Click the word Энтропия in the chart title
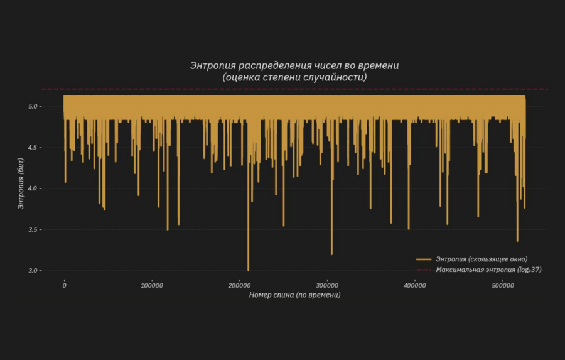click(212, 65)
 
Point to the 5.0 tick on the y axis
click(33, 107)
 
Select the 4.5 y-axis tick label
click(33, 148)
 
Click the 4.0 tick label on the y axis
click(33, 188)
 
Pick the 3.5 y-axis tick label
click(33, 230)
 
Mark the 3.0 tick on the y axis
click(33, 271)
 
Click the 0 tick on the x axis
click(64, 285)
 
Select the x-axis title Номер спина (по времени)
click(294, 295)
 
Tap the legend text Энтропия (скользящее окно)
click(482, 259)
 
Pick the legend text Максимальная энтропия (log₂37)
click(488, 270)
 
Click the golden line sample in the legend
click(424, 259)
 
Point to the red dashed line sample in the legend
click(424, 270)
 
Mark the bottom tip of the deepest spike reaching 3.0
click(248, 270)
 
